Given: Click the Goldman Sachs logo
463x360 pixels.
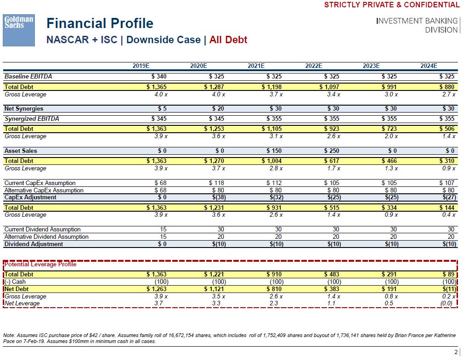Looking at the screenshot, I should (x=19, y=30).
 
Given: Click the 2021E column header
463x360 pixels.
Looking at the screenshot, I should (x=256, y=66).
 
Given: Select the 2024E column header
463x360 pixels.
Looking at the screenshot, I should (x=429, y=66).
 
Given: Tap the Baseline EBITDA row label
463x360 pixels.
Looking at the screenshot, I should (x=25, y=76).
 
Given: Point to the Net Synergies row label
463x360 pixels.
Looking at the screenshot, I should (x=24, y=109).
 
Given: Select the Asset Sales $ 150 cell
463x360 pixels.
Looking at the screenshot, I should (x=274, y=151).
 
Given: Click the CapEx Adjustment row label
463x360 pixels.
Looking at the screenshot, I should (x=30, y=197).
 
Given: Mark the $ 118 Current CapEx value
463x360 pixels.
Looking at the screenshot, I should (x=216, y=183).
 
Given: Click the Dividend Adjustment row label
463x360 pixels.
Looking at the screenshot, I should (x=34, y=244).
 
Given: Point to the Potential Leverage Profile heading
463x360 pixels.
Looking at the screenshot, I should (x=40, y=264).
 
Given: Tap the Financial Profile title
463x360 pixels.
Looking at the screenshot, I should (x=100, y=23).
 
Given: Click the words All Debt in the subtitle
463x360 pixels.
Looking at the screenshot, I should (x=228, y=39).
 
